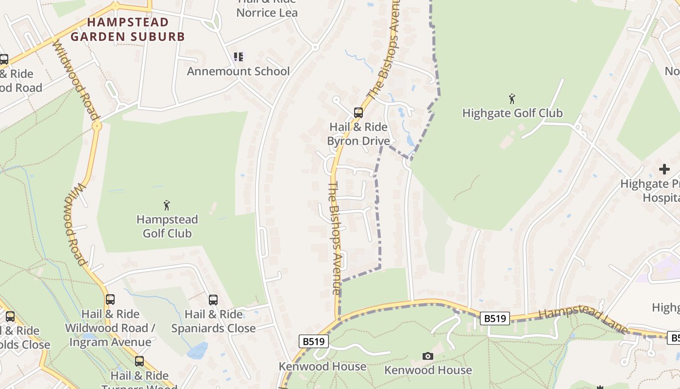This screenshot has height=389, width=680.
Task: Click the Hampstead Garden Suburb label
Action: (128, 29)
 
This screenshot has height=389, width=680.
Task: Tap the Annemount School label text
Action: (238, 71)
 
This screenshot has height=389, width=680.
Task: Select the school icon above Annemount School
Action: (238, 57)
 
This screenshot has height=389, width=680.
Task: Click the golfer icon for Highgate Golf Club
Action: (512, 99)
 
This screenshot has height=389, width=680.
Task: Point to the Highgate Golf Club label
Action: (512, 113)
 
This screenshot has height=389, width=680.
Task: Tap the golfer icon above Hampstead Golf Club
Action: (167, 205)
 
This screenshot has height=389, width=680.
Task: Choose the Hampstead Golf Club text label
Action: (167, 227)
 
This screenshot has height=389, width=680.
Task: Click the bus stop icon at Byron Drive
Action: (358, 113)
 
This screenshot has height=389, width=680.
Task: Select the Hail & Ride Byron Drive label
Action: (358, 134)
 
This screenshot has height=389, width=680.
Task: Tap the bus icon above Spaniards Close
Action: (213, 300)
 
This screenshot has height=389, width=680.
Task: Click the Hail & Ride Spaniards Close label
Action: (213, 321)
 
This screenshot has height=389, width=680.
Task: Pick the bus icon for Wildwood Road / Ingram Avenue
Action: (110, 300)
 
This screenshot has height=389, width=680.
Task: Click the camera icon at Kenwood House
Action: (427, 356)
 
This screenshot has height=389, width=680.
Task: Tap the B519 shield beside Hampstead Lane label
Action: (495, 318)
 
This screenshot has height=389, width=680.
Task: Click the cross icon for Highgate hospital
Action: (664, 169)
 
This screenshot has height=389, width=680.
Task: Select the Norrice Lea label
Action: (267, 12)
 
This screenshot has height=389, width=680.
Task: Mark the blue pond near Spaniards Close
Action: (198, 350)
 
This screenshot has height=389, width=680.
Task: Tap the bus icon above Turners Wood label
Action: (139, 361)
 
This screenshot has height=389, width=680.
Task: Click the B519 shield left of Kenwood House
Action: (313, 341)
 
